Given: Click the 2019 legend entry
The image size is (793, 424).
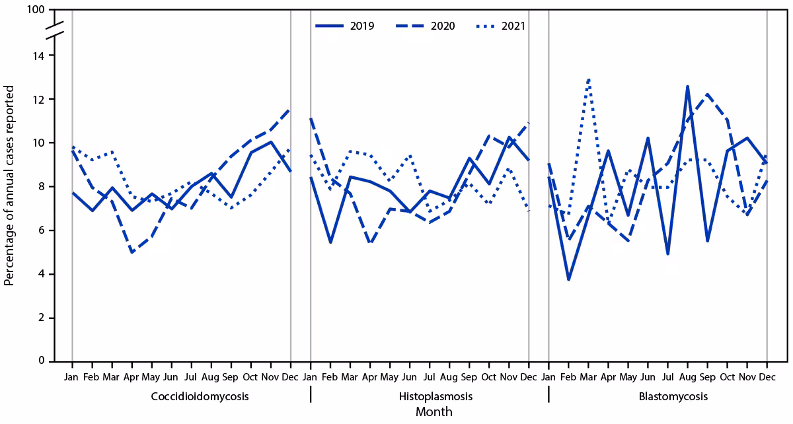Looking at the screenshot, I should click(x=345, y=26).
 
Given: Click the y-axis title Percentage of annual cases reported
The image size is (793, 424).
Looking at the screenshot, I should click(x=9, y=185).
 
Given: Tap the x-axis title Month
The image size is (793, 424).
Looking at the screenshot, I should click(x=434, y=412).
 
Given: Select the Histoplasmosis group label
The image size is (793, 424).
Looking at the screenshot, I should click(x=426, y=396).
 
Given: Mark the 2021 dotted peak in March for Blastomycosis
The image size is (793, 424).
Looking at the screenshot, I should click(x=588, y=79).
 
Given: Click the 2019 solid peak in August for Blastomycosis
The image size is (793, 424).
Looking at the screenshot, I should click(x=687, y=86).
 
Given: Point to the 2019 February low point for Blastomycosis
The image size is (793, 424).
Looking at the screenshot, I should click(x=568, y=279).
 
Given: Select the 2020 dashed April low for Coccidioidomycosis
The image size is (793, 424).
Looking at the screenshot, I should click(x=132, y=252).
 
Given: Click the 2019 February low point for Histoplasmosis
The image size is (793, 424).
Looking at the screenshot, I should click(x=330, y=242).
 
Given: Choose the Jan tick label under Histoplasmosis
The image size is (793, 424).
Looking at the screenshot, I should click(x=310, y=376).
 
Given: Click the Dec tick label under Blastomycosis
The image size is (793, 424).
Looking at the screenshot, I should click(x=767, y=376).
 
